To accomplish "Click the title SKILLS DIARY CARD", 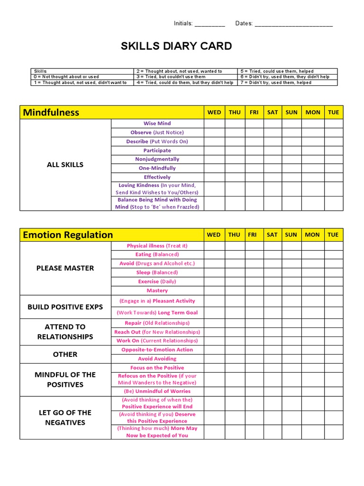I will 177,46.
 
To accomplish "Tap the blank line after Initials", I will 209,24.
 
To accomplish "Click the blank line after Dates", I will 293,24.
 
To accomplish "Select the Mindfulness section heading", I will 51,112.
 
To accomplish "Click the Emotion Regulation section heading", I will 68,234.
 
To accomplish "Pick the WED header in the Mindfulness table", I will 214,112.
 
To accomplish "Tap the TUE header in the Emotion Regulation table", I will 333,234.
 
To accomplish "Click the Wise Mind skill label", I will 157,123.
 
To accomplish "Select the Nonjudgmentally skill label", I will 157,159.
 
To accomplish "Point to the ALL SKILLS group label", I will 65,165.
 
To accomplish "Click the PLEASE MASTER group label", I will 65,268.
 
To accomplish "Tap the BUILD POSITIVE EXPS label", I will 65,307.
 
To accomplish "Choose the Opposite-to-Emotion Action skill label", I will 157,350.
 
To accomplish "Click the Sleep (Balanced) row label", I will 157,272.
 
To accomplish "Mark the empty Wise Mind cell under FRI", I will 254,123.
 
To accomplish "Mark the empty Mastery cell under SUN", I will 291,290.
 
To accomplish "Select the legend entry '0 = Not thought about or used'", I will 66,77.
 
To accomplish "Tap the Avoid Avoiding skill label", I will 157,359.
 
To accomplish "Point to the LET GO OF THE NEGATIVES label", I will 65,418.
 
